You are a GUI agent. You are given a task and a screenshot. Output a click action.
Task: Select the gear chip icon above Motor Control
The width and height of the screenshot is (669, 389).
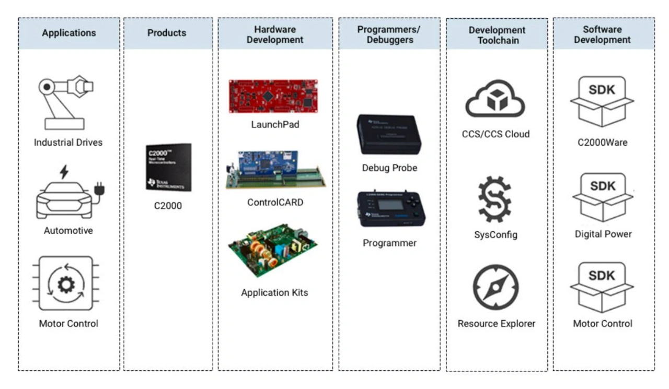[x=66, y=284]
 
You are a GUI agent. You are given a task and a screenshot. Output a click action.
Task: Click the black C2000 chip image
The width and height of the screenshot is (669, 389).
[x=168, y=167]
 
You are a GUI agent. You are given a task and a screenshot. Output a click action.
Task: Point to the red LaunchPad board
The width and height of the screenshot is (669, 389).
[x=273, y=96]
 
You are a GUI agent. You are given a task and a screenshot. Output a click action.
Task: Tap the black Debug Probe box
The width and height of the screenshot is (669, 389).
[x=389, y=134]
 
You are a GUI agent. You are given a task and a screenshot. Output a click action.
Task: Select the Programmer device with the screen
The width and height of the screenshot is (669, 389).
[x=389, y=209]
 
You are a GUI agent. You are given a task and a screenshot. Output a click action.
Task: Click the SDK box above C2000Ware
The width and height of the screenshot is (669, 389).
[x=602, y=101]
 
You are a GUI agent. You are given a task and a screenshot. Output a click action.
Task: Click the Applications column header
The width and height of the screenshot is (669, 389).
[x=69, y=33]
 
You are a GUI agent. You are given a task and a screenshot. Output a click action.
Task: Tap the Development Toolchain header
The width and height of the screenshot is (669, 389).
[x=497, y=34]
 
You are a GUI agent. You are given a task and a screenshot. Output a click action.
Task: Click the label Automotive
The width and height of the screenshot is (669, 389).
[x=68, y=230]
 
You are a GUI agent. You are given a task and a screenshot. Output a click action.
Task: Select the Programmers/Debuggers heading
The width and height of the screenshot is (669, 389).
[x=389, y=34]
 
